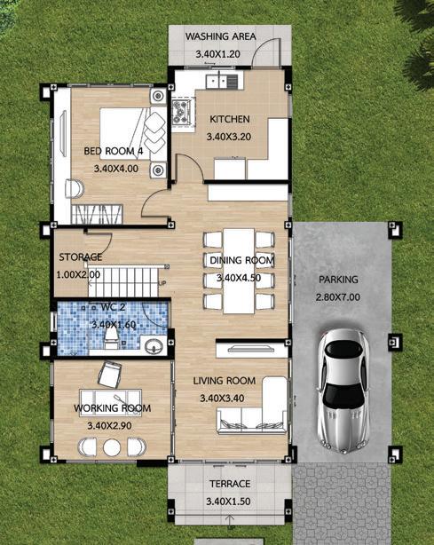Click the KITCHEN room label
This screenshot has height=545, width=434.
point(230,119)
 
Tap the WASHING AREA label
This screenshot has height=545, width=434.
point(221,36)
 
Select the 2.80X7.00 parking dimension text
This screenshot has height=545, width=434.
point(338,297)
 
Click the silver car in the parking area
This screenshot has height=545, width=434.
point(343,391)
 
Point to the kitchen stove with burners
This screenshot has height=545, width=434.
point(182,112)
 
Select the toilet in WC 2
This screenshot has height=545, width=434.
point(112,338)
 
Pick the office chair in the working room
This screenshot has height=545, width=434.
point(110,375)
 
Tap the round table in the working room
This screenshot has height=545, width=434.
point(112,447)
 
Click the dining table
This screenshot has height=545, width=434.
point(239,271)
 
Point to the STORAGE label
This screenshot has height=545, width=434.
point(80,257)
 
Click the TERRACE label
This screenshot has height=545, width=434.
point(230,484)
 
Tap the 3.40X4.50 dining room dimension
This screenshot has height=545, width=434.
point(239,278)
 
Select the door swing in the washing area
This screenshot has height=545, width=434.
point(266,51)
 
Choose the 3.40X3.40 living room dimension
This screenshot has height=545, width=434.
point(222,398)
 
